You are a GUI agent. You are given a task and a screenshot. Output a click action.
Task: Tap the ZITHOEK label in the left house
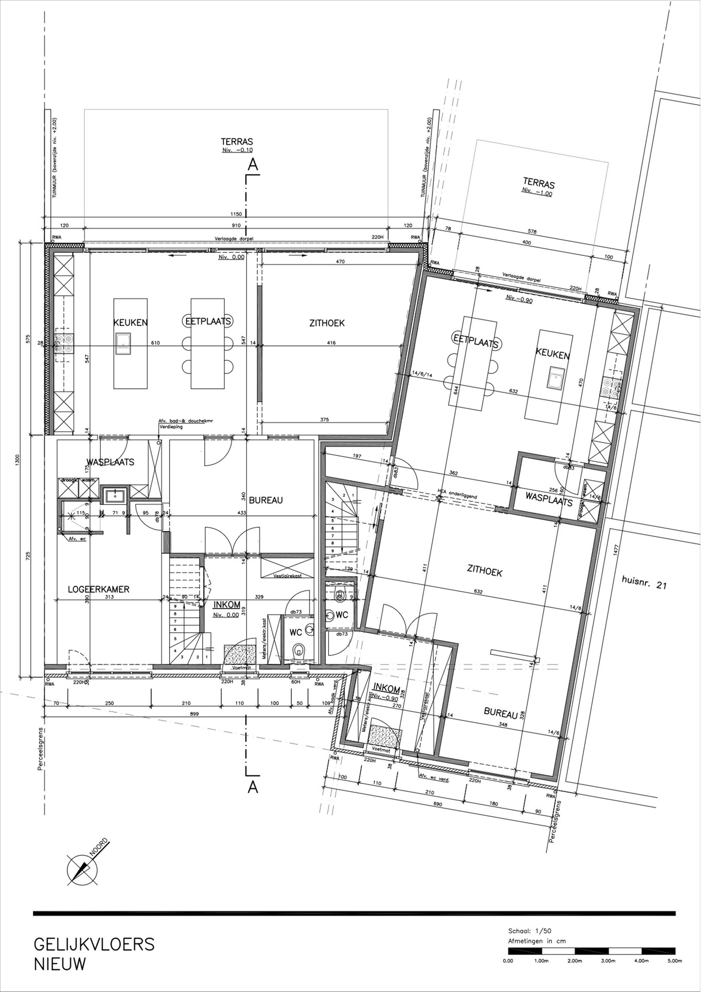tap(327, 323)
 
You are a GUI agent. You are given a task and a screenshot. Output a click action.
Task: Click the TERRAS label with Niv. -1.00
tap(539, 183)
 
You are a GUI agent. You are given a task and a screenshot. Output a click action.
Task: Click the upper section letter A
tap(253, 164)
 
